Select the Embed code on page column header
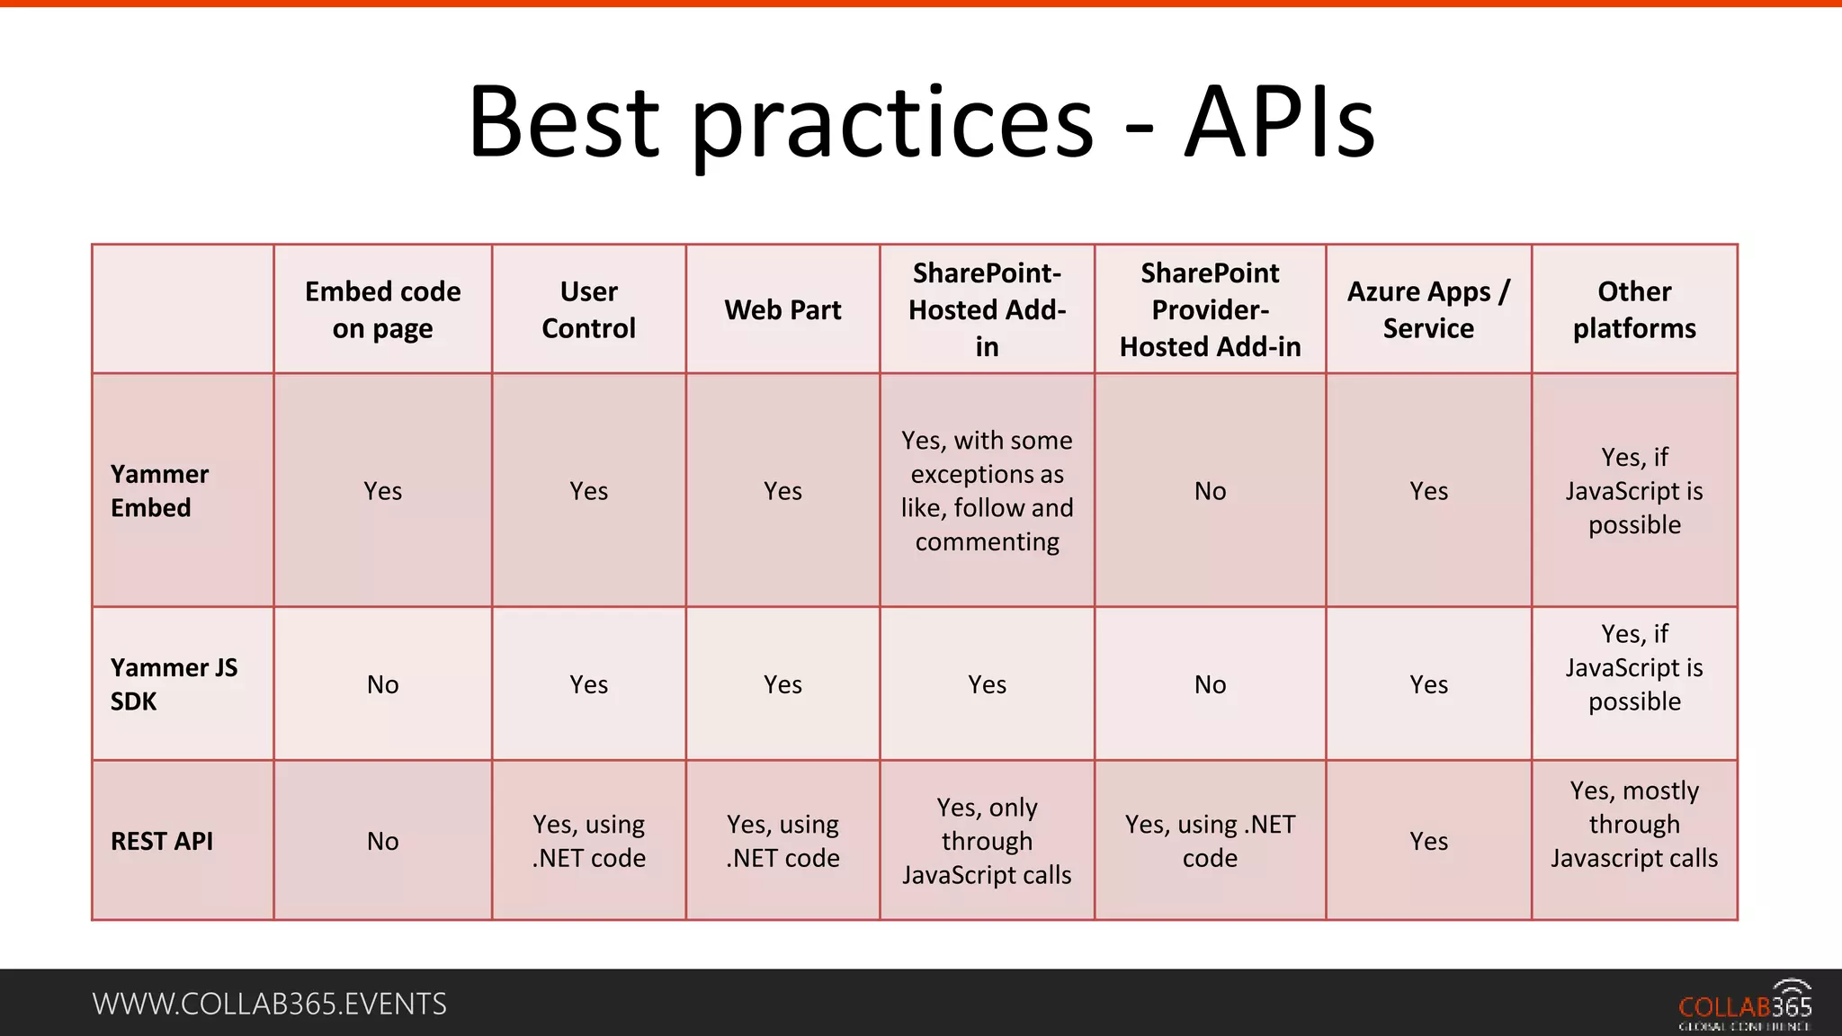(382, 309)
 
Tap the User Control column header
(588, 309)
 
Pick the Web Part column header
(782, 310)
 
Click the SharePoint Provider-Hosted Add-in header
(1210, 309)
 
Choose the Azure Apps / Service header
(1428, 309)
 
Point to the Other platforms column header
(1634, 309)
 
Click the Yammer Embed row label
(160, 491)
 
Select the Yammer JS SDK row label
(174, 684)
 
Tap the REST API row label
(162, 841)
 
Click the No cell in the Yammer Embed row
(1210, 491)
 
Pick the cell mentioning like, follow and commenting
(987, 491)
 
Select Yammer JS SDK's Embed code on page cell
(382, 684)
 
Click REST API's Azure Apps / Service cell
(1428, 841)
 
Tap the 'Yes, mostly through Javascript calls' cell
(1634, 825)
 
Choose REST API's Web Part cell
(782, 841)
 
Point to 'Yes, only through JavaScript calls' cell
(987, 841)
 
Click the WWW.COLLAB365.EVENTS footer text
(269, 1004)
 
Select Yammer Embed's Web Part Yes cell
(782, 491)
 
